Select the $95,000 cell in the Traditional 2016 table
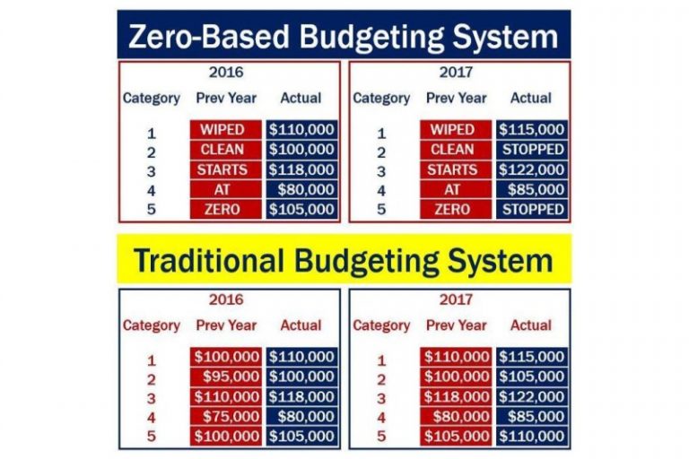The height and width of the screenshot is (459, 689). (225, 377)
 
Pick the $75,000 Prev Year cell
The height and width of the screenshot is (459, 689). (225, 417)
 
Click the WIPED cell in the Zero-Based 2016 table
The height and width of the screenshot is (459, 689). (225, 130)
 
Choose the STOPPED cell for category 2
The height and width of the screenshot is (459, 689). (532, 150)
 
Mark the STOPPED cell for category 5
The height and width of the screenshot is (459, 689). (532, 210)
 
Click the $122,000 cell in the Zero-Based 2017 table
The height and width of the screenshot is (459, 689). (532, 169)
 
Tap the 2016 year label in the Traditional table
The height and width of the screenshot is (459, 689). (227, 299)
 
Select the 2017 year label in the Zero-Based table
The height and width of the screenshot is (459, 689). (458, 73)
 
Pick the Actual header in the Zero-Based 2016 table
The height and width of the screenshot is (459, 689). (301, 98)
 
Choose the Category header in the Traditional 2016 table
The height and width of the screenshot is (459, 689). (152, 325)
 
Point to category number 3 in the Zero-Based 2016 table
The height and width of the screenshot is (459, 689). (152, 170)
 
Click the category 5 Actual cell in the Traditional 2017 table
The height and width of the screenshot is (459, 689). (532, 437)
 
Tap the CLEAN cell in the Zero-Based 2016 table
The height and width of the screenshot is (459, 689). (225, 150)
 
